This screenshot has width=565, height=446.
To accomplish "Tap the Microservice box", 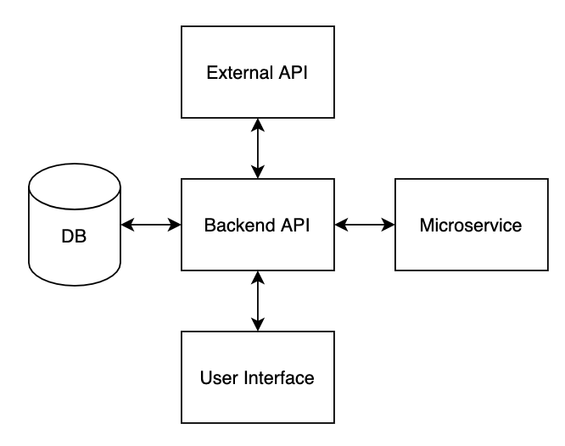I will point(471,225).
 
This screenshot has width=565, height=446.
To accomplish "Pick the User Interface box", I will point(257,377).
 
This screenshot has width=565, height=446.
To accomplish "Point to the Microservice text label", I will point(471,226).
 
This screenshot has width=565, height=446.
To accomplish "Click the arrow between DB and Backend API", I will point(151,225).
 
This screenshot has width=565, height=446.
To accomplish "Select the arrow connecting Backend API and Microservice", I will point(365,225).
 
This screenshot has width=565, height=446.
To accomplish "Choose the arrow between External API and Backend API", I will point(257,148).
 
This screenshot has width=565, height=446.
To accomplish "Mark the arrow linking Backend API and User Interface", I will point(257,301).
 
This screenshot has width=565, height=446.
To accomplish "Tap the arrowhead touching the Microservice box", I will point(389,225).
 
